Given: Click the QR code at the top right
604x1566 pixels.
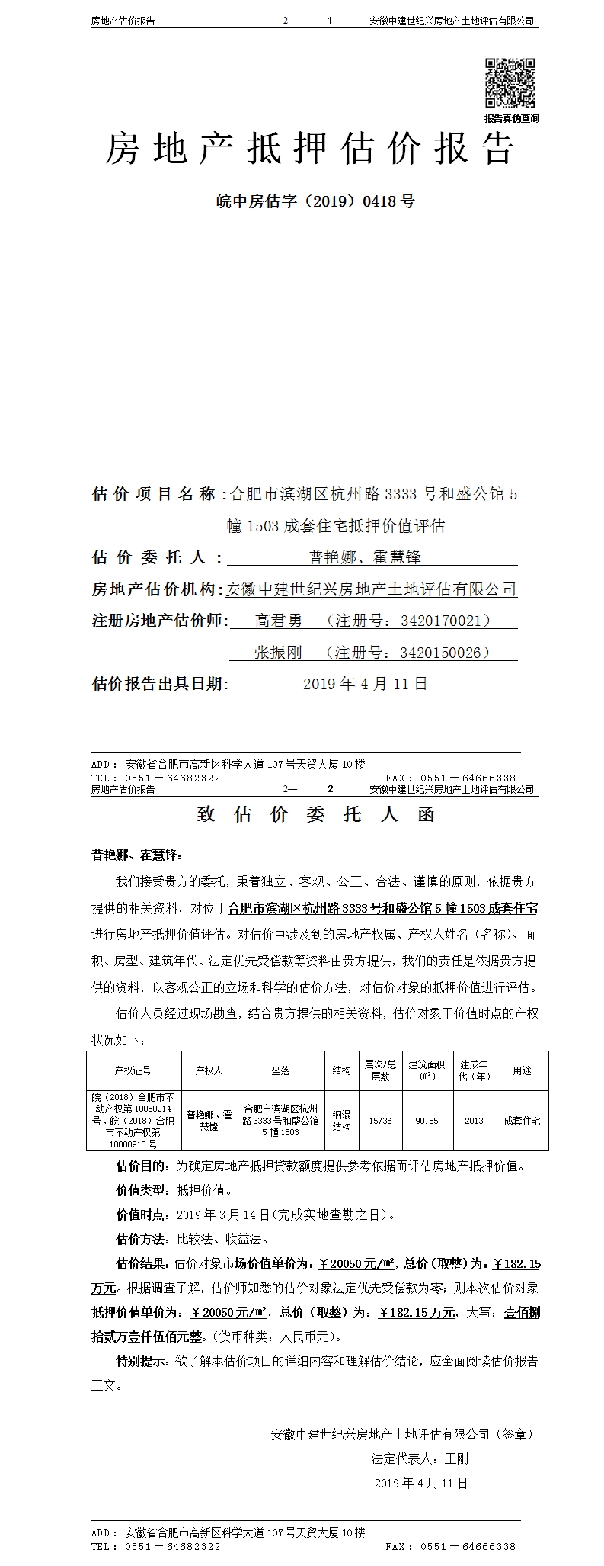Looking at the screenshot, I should point(511,83).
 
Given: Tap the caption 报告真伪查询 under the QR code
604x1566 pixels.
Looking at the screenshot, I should point(511,118).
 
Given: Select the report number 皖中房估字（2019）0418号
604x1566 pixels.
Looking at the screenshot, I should point(315,202).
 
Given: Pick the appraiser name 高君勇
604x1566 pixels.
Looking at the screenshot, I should point(278,621).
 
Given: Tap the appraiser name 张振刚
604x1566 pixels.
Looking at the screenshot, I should point(278,652).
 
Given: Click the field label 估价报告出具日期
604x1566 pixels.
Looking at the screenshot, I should point(158,684).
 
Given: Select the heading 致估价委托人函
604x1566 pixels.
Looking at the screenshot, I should point(315,814).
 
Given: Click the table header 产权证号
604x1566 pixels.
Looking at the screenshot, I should point(133,1071).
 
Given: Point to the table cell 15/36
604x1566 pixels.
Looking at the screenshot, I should point(380,1121).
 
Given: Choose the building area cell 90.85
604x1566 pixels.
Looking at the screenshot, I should point(427,1121).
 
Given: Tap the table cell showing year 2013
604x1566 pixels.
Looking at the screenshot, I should point(474,1121).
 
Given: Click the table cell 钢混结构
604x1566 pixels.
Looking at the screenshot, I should point(341,1121).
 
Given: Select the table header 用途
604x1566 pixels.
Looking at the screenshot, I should point(522,1071).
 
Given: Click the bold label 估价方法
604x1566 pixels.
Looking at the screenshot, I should point(138,1239).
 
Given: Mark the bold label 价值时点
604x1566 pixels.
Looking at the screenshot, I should point(138,1215).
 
